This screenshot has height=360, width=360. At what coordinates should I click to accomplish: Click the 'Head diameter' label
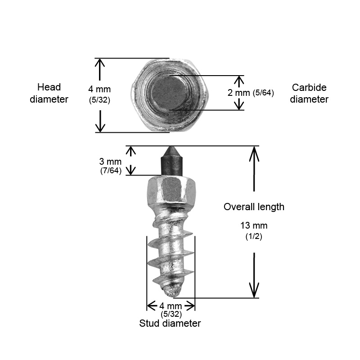(49, 93)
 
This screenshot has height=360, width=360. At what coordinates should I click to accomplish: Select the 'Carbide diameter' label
(309, 93)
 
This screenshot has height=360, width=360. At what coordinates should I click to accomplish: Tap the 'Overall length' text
(254, 207)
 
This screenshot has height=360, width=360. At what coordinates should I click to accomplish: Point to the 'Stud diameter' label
(170, 323)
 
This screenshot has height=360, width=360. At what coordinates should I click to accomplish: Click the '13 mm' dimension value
(254, 225)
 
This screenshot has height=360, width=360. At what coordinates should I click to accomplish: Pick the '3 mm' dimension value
(110, 162)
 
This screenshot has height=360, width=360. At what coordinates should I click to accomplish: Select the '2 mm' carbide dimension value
(239, 93)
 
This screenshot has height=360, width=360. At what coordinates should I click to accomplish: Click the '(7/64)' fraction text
(111, 171)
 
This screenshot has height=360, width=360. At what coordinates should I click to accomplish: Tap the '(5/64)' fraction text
(263, 93)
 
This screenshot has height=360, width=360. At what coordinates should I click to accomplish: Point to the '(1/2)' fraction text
(254, 236)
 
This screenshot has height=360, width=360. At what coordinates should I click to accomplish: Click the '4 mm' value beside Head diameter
(99, 89)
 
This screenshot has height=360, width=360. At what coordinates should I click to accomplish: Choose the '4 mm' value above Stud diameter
(171, 306)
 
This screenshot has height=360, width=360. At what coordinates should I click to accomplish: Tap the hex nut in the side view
(171, 190)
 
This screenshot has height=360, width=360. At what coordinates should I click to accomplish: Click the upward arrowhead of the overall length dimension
(254, 154)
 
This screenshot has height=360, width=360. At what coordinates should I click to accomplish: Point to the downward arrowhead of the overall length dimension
(254, 290)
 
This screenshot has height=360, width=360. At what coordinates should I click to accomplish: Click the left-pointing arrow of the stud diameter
(152, 306)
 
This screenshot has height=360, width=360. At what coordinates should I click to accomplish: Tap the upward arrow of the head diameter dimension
(99, 69)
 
